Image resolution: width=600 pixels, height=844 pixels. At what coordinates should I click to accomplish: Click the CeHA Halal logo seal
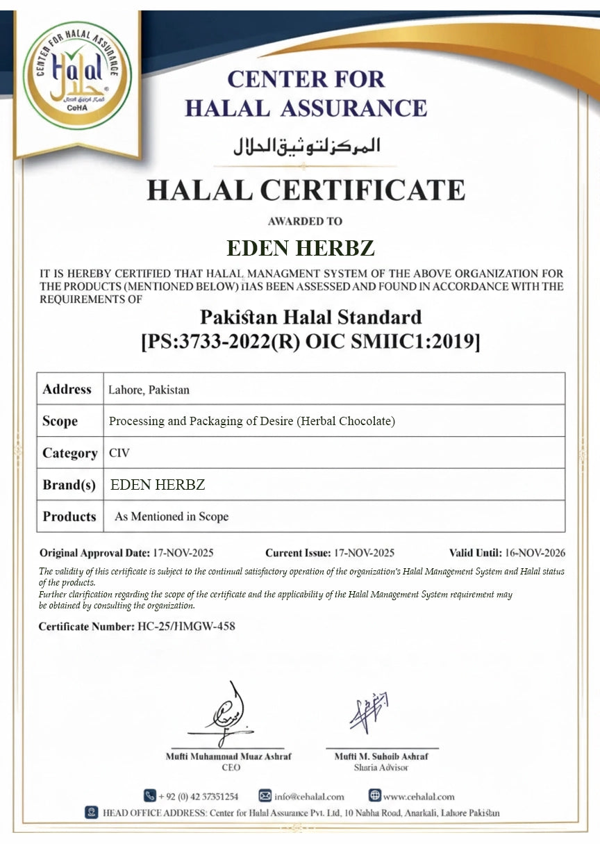pyautogui.click(x=77, y=76)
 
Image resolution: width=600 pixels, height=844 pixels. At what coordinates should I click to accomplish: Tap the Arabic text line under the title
pyautogui.click(x=306, y=146)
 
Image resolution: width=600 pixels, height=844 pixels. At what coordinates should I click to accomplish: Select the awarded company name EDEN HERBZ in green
pyautogui.click(x=301, y=248)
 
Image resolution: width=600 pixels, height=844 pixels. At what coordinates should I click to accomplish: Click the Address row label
pyautogui.click(x=67, y=389)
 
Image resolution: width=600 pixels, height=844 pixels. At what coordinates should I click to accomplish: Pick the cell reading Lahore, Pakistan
pyautogui.click(x=149, y=390)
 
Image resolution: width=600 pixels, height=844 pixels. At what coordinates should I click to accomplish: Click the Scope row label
pyautogui.click(x=60, y=421)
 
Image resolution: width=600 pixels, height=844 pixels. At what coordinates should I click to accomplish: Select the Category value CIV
pyautogui.click(x=119, y=453)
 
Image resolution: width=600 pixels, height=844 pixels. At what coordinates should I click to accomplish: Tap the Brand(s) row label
pyautogui.click(x=69, y=485)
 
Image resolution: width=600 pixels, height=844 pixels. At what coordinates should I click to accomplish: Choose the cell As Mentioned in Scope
pyautogui.click(x=171, y=517)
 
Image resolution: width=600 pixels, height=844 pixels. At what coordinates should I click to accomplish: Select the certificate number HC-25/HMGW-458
pyautogui.click(x=186, y=626)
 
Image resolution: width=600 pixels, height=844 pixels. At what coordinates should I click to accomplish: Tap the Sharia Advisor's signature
pyautogui.click(x=368, y=712)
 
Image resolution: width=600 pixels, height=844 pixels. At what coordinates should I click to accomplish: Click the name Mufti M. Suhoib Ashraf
pyautogui.click(x=381, y=756)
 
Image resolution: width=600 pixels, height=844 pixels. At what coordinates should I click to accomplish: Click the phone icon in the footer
pyautogui.click(x=149, y=795)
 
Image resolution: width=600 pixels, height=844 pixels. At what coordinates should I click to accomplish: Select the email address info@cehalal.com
pyautogui.click(x=309, y=796)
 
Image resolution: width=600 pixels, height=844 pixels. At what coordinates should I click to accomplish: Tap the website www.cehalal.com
pyautogui.click(x=419, y=796)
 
